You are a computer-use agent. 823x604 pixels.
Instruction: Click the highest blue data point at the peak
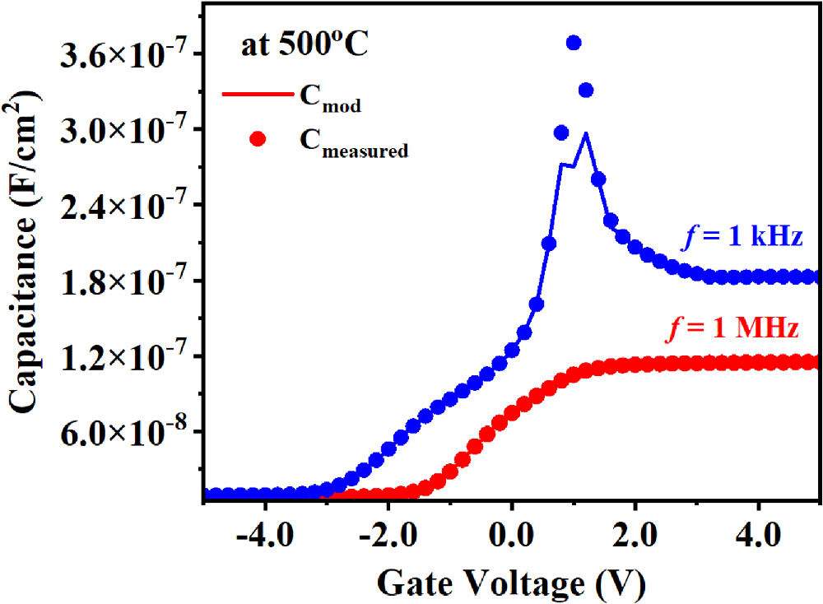pos(574,43)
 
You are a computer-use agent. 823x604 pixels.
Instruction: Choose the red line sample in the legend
pos(258,94)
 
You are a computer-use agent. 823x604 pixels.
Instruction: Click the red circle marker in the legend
pos(258,139)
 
